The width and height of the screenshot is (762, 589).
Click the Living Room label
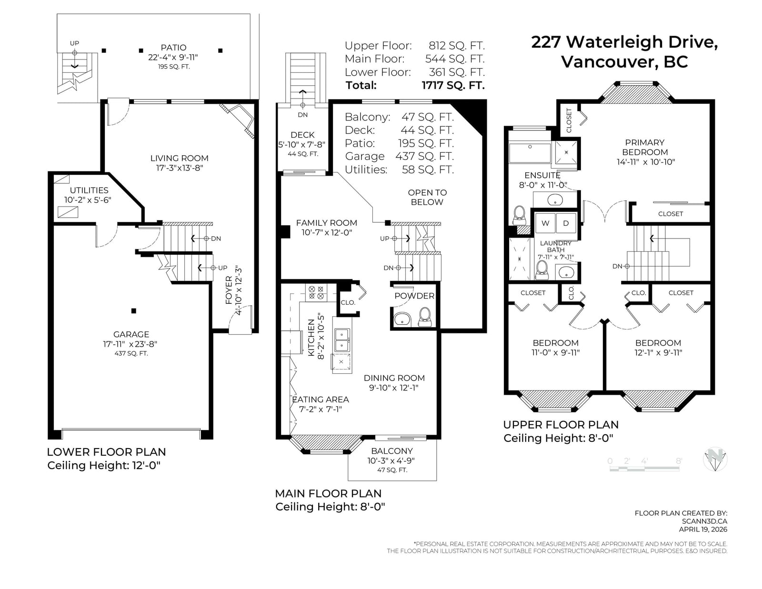[x=179, y=158]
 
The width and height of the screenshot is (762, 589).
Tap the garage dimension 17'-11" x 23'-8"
[x=130, y=344]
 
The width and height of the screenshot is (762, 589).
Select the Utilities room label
[x=89, y=190]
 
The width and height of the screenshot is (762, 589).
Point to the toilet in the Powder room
[x=425, y=317]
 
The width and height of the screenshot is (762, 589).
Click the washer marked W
[x=545, y=223]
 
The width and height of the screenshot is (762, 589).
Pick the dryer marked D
[x=566, y=223]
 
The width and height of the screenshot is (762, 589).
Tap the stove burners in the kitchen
[x=316, y=293]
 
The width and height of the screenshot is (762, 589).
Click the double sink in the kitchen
[x=341, y=340]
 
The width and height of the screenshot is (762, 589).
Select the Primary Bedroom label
[x=644, y=147]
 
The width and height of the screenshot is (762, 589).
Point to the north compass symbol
[x=715, y=459]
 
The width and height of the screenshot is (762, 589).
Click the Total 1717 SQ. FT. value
[x=453, y=85]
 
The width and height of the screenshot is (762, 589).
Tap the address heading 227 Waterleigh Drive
[x=624, y=42]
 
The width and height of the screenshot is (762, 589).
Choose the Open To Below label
[x=427, y=197]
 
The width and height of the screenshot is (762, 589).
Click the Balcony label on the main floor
[x=391, y=451]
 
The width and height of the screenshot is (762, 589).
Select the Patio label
[x=173, y=47]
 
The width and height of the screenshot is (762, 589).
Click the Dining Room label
[x=394, y=378]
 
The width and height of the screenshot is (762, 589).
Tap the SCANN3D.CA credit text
[x=704, y=521]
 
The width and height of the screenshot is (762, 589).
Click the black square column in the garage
[x=134, y=311]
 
